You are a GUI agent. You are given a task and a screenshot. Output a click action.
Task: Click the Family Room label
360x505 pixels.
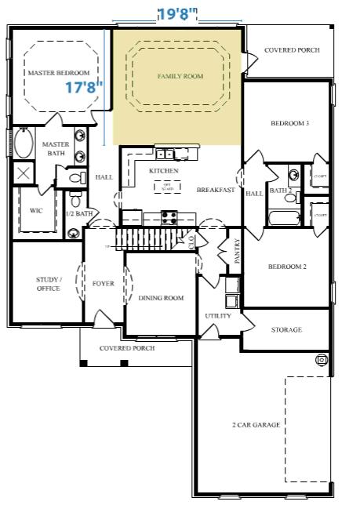[180, 76]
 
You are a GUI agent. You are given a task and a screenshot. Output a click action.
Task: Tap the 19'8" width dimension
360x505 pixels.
[177, 13]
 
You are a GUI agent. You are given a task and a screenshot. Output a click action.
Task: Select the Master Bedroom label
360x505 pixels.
[53, 73]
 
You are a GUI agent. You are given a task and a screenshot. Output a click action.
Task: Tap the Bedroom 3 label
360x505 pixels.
[289, 123]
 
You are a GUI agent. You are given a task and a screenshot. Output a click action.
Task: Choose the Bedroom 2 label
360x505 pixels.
[287, 267]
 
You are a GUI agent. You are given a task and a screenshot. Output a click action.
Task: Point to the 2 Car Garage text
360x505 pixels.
[256, 424]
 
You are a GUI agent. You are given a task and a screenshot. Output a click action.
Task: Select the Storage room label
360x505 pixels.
[286, 330]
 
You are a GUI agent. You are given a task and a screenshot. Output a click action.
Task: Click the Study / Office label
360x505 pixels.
[48, 283]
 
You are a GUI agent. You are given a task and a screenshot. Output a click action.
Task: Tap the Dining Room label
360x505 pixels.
[161, 298]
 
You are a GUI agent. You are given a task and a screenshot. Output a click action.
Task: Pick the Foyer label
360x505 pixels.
[103, 283]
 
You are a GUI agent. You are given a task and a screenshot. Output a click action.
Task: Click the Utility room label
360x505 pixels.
[217, 316]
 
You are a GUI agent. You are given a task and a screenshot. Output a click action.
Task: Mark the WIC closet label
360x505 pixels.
[36, 210]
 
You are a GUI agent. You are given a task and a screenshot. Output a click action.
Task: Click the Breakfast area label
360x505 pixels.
[216, 190]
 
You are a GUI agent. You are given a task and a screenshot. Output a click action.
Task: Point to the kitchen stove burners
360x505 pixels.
[169, 217]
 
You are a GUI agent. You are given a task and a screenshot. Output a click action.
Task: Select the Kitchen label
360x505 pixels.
[163, 170]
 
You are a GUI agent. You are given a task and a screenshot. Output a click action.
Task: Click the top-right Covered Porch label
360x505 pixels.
[291, 50]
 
